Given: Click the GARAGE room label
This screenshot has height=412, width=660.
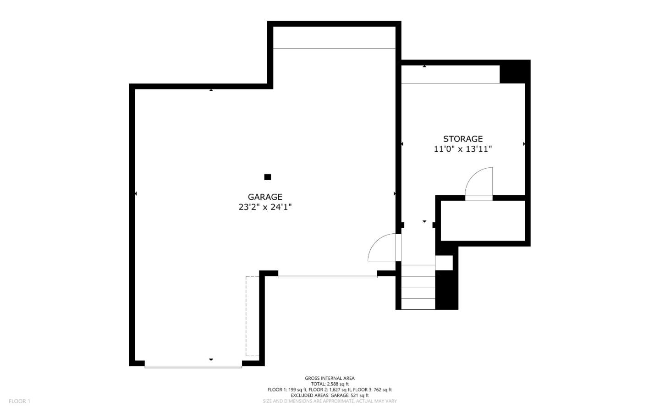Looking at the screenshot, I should (265, 197).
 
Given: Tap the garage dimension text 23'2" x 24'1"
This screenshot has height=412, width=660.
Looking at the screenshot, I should (265, 207).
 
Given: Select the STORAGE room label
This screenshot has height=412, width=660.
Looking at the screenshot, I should (462, 139).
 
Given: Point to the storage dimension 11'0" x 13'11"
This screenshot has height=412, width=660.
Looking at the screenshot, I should (462, 149).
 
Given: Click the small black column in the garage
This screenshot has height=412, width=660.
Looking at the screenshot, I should (268, 177).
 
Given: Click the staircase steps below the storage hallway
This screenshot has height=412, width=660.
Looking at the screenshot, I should (418, 287).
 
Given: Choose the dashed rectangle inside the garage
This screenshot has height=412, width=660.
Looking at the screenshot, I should (252, 316).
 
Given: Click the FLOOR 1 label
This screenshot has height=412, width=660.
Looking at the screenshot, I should (19, 401).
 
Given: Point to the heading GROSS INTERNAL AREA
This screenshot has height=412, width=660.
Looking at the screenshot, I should (330, 378).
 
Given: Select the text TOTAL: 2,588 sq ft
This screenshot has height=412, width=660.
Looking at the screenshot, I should (330, 384).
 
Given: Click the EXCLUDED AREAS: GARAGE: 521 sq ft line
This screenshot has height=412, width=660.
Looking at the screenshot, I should (330, 395).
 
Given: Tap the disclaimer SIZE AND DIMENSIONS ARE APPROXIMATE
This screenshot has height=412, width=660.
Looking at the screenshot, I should (330, 401).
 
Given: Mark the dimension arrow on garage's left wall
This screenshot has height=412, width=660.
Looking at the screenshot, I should (136, 194).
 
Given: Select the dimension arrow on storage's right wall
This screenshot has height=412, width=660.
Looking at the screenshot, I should (524, 144).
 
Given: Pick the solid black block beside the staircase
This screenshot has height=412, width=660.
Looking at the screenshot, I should (446, 290).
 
